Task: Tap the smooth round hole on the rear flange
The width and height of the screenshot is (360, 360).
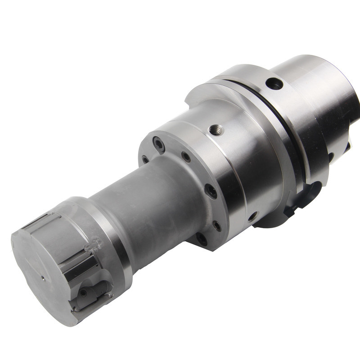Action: tap(274, 84)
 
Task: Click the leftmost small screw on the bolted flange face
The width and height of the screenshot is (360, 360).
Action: tap(145, 159)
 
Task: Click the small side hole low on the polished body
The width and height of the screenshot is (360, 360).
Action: tap(253, 216)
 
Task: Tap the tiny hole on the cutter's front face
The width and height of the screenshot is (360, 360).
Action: tap(43, 278)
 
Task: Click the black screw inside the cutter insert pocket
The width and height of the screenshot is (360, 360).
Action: tap(83, 293)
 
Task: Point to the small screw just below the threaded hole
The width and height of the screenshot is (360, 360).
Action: tap(186, 157)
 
